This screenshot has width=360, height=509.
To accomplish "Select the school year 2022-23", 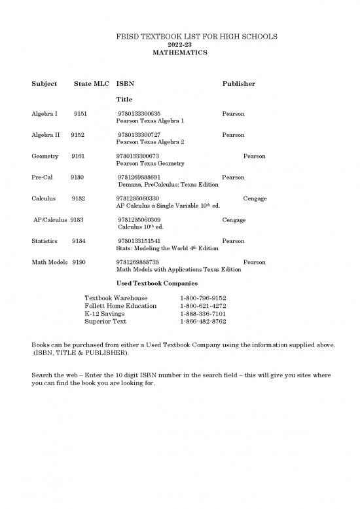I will point(179,44).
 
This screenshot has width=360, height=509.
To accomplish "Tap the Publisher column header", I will point(239,84).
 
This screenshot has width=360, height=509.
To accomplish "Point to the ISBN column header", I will point(125,84).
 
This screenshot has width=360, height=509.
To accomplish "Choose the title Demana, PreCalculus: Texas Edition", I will point(168,185).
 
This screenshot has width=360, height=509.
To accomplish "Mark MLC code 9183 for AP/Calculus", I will point(77,220).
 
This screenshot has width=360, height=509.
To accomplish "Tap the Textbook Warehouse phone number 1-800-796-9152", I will point(203,298).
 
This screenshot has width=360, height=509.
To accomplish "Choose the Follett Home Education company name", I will point(120,306).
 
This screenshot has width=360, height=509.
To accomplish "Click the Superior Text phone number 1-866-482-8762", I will point(203,322).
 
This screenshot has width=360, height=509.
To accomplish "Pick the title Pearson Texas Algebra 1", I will point(150,121).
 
